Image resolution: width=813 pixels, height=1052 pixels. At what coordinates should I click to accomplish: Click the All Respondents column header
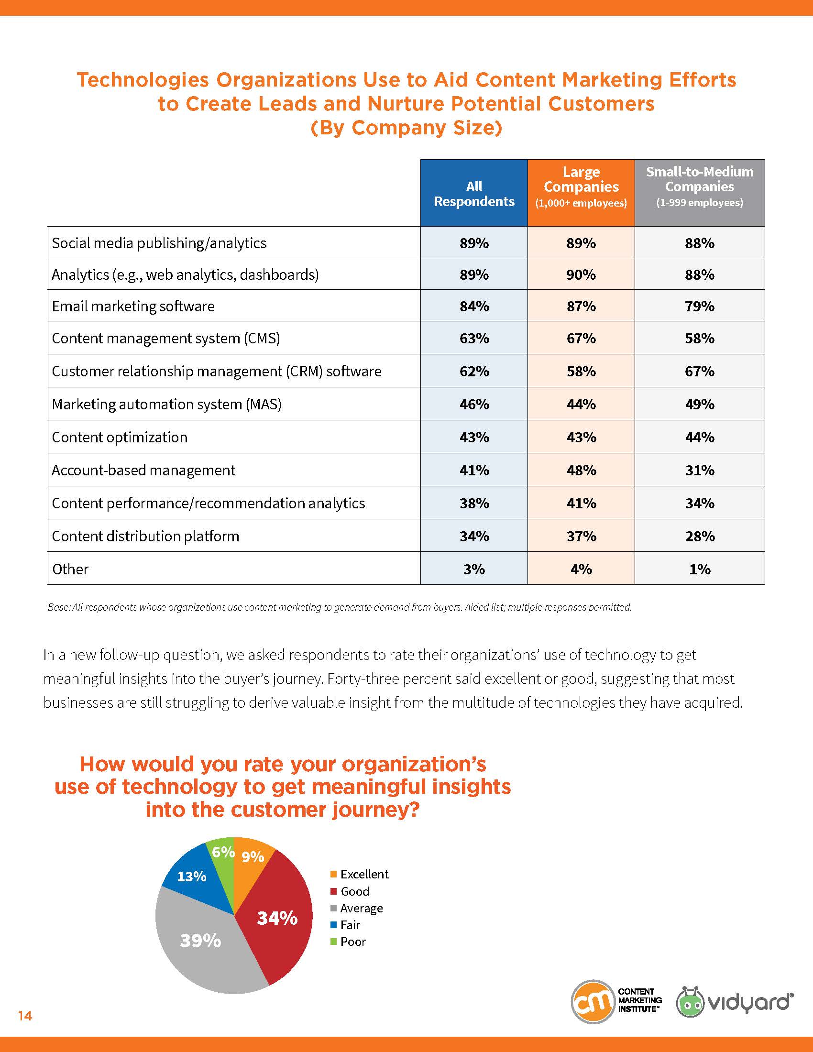coord(474,193)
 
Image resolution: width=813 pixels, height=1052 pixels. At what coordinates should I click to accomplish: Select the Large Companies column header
coord(581,193)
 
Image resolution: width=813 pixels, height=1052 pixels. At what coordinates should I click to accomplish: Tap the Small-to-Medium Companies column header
coord(699,193)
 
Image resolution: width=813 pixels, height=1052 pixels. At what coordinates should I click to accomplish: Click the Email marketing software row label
coord(133,307)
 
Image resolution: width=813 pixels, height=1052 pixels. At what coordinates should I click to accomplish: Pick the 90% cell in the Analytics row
coord(581,274)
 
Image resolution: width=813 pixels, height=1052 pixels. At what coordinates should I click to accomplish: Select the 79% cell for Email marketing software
coord(699,307)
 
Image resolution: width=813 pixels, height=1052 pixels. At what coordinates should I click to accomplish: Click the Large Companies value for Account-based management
coord(581,470)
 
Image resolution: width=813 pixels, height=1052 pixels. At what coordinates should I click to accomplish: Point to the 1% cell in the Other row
coord(699,570)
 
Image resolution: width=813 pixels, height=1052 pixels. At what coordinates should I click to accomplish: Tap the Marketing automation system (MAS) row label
coord(166,404)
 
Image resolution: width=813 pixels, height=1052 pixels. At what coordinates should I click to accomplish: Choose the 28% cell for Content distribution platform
coord(699,536)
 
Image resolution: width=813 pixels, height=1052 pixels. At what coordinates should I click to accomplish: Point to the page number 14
coord(25,1016)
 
